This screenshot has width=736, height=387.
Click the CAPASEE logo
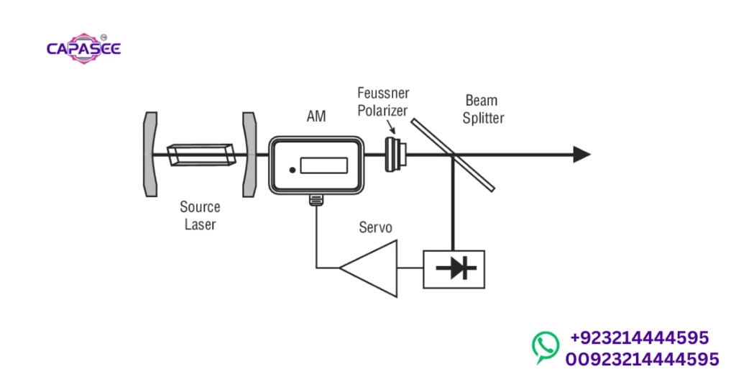coord(83,48)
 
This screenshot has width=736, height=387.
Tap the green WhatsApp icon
coord(546,347)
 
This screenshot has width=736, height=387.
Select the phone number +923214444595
coord(639,337)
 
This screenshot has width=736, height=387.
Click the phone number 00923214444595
coord(642,359)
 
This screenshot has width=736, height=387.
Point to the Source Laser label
coord(200,216)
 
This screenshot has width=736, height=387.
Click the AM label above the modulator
coord(316,116)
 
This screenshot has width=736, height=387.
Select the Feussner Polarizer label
coord(382,101)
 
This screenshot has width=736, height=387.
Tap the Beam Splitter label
coord(482,109)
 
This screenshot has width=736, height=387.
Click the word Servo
coord(375,228)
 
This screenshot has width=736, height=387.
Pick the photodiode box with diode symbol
coord(454,269)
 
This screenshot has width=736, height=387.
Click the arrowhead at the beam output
coord(581,154)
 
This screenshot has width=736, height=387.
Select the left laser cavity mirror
coord(149,154)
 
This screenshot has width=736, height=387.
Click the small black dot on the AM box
coord(292,170)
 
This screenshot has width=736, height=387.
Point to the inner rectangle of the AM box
coord(323,165)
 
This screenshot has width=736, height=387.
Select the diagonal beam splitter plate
coord(454,155)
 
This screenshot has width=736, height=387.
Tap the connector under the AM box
coord(316,199)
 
